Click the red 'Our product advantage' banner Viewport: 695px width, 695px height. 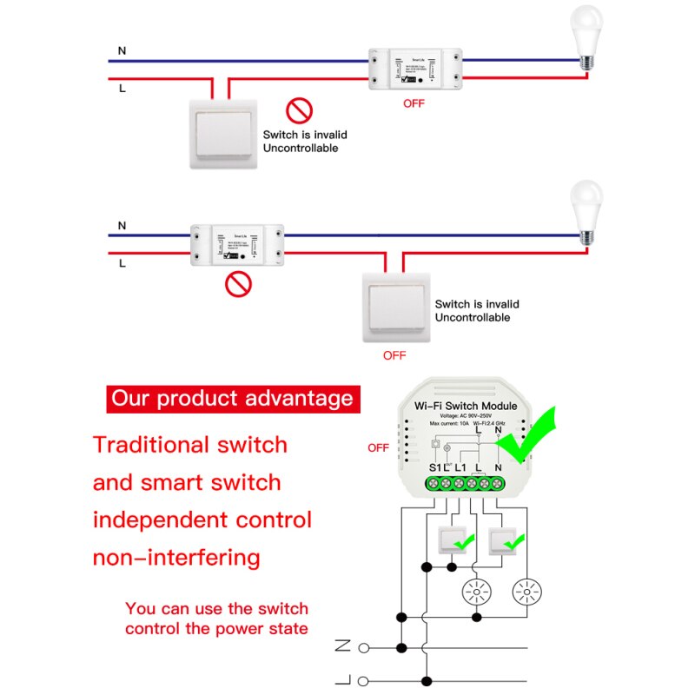[x=232, y=399]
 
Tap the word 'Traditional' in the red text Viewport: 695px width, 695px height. [x=147, y=445]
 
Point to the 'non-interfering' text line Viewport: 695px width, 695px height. [x=175, y=557]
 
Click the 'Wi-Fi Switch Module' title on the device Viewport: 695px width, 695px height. [x=466, y=406]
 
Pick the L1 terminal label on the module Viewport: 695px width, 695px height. [x=461, y=467]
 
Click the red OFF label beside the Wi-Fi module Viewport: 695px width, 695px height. [x=378, y=448]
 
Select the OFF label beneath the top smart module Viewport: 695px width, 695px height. [x=414, y=104]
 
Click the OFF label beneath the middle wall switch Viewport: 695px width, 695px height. [x=394, y=355]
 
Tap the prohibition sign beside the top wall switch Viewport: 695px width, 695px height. [x=299, y=110]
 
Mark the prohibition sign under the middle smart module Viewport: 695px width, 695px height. [x=237, y=283]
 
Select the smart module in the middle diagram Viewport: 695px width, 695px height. [x=237, y=244]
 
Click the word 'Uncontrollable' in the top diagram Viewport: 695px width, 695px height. [x=301, y=149]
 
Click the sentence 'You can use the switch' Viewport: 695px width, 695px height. [x=216, y=609]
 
